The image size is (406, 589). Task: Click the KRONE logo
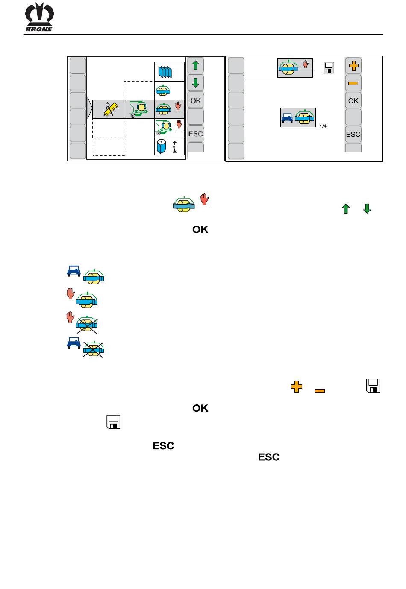(x=39, y=17)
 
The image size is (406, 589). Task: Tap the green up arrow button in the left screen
(x=195, y=65)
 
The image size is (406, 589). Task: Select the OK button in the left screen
(x=195, y=100)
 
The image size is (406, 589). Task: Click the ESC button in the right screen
(x=353, y=135)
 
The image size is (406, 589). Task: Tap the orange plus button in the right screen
(x=353, y=66)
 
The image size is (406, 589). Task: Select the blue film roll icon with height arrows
(x=167, y=146)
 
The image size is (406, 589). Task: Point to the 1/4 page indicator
(x=323, y=126)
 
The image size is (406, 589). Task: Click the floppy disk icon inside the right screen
(x=329, y=68)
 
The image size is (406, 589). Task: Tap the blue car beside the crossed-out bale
(x=74, y=343)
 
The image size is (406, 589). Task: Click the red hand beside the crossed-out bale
(x=70, y=317)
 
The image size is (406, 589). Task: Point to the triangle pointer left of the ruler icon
(x=90, y=109)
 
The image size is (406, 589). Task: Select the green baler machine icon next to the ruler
(x=138, y=109)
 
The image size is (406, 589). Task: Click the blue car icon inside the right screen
(x=287, y=118)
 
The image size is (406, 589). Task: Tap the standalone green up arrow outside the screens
(x=346, y=209)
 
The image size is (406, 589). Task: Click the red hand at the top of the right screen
(x=306, y=64)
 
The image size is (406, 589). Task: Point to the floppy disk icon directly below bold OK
(x=113, y=422)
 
